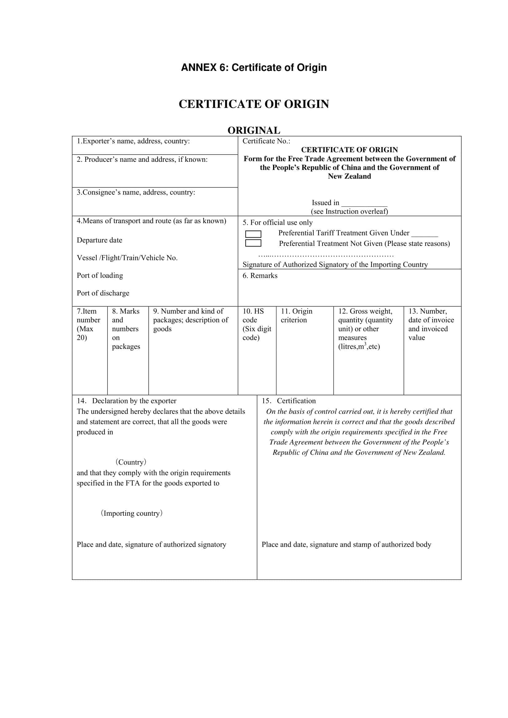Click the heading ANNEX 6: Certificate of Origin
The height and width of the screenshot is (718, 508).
pos(254,68)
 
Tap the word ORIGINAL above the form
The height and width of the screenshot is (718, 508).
pos(254,130)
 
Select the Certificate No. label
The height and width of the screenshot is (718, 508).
pos(266,141)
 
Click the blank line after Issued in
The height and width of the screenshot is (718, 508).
pos(364,204)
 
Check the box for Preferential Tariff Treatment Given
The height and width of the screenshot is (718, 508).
pos(253,234)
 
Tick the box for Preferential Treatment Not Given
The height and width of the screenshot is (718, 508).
pos(253,243)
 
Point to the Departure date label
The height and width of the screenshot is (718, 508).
pos(100,240)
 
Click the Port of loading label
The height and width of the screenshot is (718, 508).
pos(100,275)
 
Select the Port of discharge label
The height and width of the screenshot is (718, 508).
pos(103,293)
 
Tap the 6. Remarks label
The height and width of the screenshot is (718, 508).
pos(260,275)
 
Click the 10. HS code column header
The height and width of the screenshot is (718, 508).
pos(256,324)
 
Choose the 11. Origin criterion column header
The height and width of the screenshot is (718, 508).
pos(296,316)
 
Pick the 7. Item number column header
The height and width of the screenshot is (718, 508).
pos(88,324)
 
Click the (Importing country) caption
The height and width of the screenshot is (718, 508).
pos(131,513)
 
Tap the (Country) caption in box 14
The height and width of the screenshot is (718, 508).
pos(131,462)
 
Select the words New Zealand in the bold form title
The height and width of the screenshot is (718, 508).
pos(349,177)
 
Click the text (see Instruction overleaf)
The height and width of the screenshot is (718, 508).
pos(349,212)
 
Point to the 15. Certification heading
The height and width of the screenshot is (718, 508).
pos(289,401)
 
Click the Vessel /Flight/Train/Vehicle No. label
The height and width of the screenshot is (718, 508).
pos(127,258)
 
